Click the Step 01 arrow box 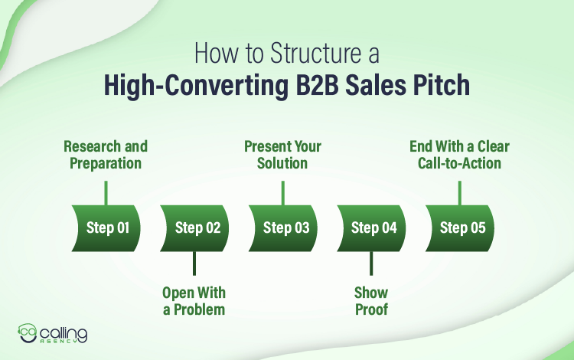[106, 227]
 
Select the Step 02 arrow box [194, 227]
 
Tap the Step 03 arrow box [282, 227]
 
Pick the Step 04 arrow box [370, 227]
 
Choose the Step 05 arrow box [459, 227]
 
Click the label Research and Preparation [106, 154]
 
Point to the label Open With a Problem [194, 301]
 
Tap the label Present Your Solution [282, 154]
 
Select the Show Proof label [370, 301]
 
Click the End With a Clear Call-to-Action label [459, 154]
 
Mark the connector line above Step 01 [106, 192]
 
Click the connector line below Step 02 [194, 263]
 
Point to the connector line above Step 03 [282, 192]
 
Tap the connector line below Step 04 [370, 263]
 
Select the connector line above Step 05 [459, 192]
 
